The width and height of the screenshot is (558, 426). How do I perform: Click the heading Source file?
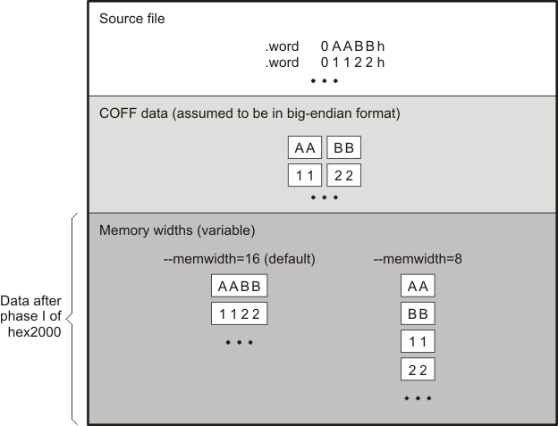click(131, 19)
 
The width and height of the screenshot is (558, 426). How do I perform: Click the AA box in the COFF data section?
click(305, 148)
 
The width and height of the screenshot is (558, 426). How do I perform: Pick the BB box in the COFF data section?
click(343, 148)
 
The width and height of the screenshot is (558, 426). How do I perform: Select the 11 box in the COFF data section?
click(305, 176)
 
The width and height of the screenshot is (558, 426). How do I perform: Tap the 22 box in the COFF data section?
click(343, 176)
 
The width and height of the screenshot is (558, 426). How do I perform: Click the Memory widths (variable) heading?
click(177, 230)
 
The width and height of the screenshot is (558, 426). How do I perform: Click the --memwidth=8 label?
click(417, 259)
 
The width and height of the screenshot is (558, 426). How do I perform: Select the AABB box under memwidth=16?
click(239, 287)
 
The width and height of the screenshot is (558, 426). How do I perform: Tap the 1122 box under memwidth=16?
click(239, 314)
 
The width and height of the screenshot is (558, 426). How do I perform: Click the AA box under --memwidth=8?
click(417, 287)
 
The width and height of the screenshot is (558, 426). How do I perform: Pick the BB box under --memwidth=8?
click(417, 314)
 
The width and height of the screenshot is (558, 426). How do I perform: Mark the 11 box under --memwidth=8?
click(417, 342)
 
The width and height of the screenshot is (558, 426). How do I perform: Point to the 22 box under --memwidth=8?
click(417, 370)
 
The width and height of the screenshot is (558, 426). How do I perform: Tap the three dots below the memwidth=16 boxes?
click(239, 343)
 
